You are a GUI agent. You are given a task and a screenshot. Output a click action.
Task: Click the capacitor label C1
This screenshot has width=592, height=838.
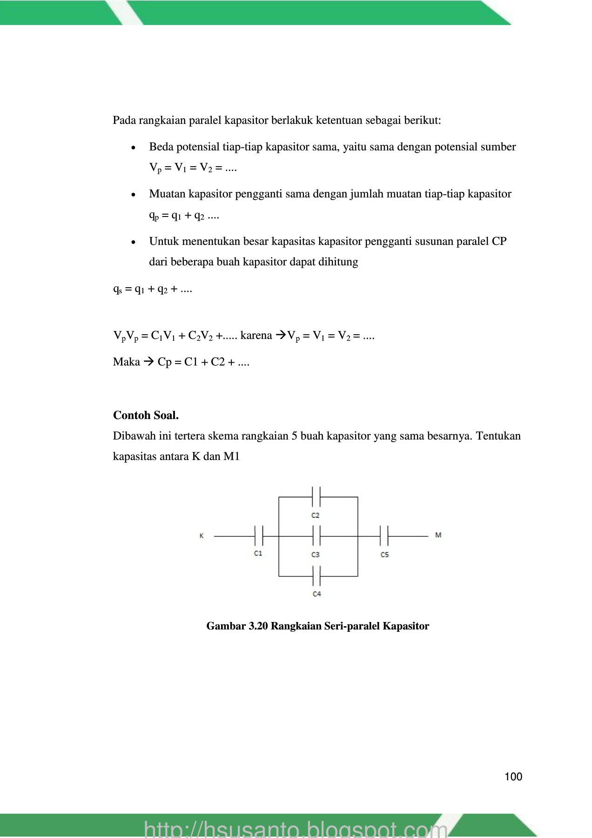[x=258, y=553]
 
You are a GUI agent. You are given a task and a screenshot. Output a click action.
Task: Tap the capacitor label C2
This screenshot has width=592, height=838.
[x=316, y=515]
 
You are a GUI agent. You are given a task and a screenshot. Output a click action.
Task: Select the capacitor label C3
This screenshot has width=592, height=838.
[x=316, y=554]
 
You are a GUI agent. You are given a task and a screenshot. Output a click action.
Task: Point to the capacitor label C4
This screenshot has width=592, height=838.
[x=316, y=594]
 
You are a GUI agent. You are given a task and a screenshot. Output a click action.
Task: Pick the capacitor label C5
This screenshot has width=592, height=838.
[x=384, y=554]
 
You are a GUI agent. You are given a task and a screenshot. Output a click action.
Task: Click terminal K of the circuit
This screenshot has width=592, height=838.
[x=202, y=536]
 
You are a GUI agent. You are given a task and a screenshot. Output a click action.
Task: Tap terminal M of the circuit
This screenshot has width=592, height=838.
[x=438, y=535]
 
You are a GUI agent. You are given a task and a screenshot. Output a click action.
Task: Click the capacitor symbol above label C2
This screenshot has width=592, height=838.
[x=316, y=497]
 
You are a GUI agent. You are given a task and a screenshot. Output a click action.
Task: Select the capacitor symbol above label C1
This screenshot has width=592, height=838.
[x=259, y=536]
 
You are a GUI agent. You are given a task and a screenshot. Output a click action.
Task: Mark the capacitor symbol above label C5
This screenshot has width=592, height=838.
[x=384, y=536]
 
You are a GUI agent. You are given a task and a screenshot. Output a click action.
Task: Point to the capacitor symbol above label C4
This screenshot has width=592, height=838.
[x=316, y=576]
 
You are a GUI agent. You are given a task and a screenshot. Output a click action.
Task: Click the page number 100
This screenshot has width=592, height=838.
[x=513, y=777]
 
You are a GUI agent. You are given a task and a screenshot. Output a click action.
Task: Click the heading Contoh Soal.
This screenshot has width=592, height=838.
[x=146, y=415]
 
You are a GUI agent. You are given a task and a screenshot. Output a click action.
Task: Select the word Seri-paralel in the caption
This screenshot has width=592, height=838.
[x=352, y=626]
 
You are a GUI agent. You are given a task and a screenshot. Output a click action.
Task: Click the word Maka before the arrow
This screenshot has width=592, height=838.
[x=126, y=362]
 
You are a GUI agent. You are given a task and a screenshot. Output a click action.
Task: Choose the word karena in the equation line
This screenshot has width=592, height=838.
[x=256, y=335]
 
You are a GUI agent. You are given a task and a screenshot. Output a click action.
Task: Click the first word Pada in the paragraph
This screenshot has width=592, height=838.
[x=124, y=121]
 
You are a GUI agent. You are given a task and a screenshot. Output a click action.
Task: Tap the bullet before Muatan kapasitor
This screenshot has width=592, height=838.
[x=134, y=195]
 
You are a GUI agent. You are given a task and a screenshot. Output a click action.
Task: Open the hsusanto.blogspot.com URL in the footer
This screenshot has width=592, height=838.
[x=296, y=830]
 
